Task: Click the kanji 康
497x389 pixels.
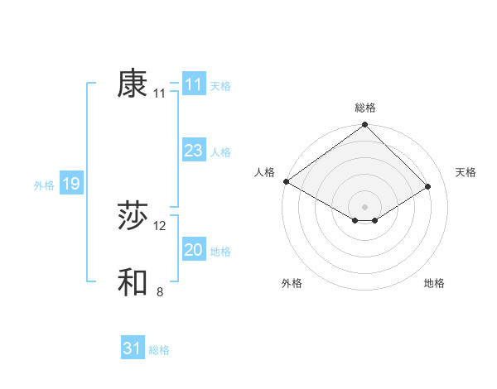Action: point(133,84)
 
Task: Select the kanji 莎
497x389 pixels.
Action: point(133,217)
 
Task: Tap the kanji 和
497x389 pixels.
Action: point(133,282)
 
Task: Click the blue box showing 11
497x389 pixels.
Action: point(194,84)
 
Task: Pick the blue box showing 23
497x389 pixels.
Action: point(194,151)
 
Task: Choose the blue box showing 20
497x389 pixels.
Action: point(194,250)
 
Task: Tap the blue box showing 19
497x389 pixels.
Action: point(71,184)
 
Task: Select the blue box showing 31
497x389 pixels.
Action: point(133,348)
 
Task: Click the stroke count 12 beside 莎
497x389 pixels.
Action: point(160,226)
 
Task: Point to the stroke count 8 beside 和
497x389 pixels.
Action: point(160,291)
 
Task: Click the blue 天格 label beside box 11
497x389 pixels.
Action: point(220,86)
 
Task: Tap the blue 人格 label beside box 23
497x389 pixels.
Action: point(220,152)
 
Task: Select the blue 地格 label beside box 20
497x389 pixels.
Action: point(220,252)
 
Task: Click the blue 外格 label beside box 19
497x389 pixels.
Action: point(44,185)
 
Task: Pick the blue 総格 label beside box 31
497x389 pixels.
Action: point(159,350)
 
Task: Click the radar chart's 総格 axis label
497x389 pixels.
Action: point(365,108)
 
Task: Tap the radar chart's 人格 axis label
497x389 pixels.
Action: point(265,171)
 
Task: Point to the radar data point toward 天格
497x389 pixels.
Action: point(428,187)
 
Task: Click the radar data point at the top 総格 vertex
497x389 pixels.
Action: point(365,126)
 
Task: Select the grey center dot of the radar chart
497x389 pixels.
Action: point(365,206)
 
